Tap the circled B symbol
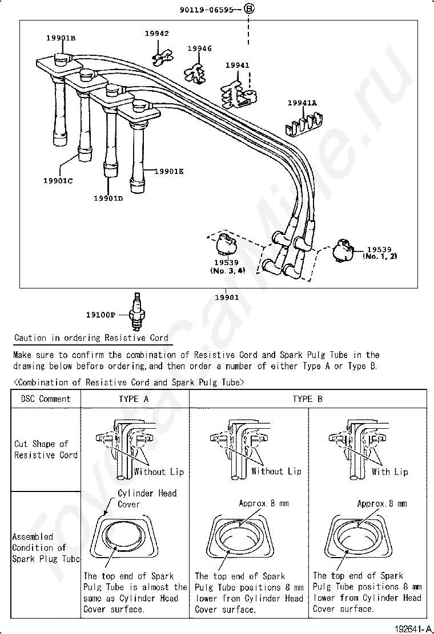249,9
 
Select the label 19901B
61,38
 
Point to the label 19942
156,34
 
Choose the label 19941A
302,103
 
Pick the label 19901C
58,181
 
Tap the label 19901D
108,198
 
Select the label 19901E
169,170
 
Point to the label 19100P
101,315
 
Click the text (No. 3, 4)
227,271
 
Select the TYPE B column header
307,399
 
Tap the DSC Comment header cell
46,399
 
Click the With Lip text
389,472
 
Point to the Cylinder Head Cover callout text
147,498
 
